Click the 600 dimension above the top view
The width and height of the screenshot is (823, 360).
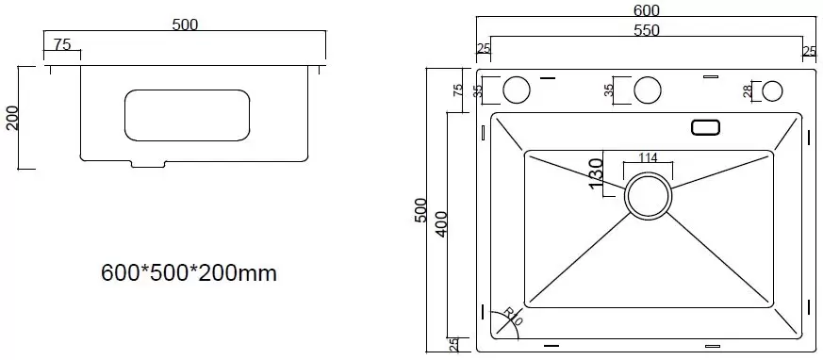[646, 9]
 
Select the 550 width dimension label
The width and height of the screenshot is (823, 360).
[646, 30]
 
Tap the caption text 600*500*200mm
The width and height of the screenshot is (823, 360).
[189, 273]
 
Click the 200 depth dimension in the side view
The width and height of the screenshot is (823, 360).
[12, 118]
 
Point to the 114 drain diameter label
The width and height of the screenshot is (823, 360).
[648, 156]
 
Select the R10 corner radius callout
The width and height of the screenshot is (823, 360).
[513, 317]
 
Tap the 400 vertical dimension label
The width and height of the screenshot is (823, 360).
[441, 223]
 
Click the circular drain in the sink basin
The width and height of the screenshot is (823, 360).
[648, 195]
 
